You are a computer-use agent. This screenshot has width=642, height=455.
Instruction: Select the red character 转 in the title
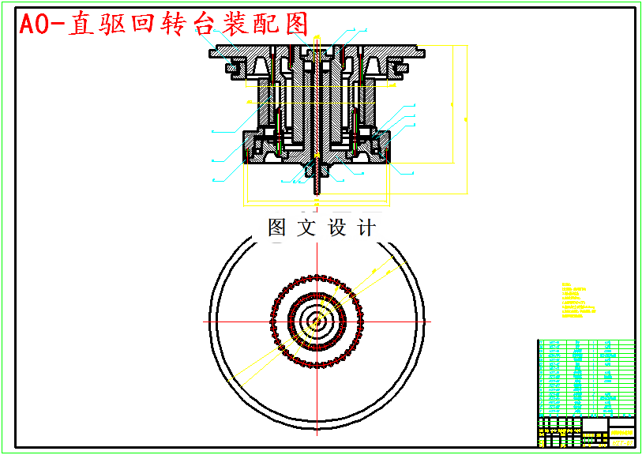coord(170,24)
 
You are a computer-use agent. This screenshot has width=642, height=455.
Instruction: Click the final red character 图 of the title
coord(294,24)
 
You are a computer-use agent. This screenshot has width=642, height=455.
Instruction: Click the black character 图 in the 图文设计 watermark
coord(277,228)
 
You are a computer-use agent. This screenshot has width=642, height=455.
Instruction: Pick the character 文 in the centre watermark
coord(306,228)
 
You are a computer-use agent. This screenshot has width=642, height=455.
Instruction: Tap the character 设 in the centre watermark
coord(336,228)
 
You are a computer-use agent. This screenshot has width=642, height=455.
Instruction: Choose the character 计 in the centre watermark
coord(366,228)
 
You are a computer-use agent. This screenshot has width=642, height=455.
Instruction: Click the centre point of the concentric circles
coord(316,322)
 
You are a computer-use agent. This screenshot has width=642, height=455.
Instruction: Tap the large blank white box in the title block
coord(595,425)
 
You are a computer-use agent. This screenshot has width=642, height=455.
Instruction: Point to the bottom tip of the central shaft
coord(317,192)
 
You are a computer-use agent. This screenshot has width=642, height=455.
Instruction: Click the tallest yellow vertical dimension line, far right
coord(465,118)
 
